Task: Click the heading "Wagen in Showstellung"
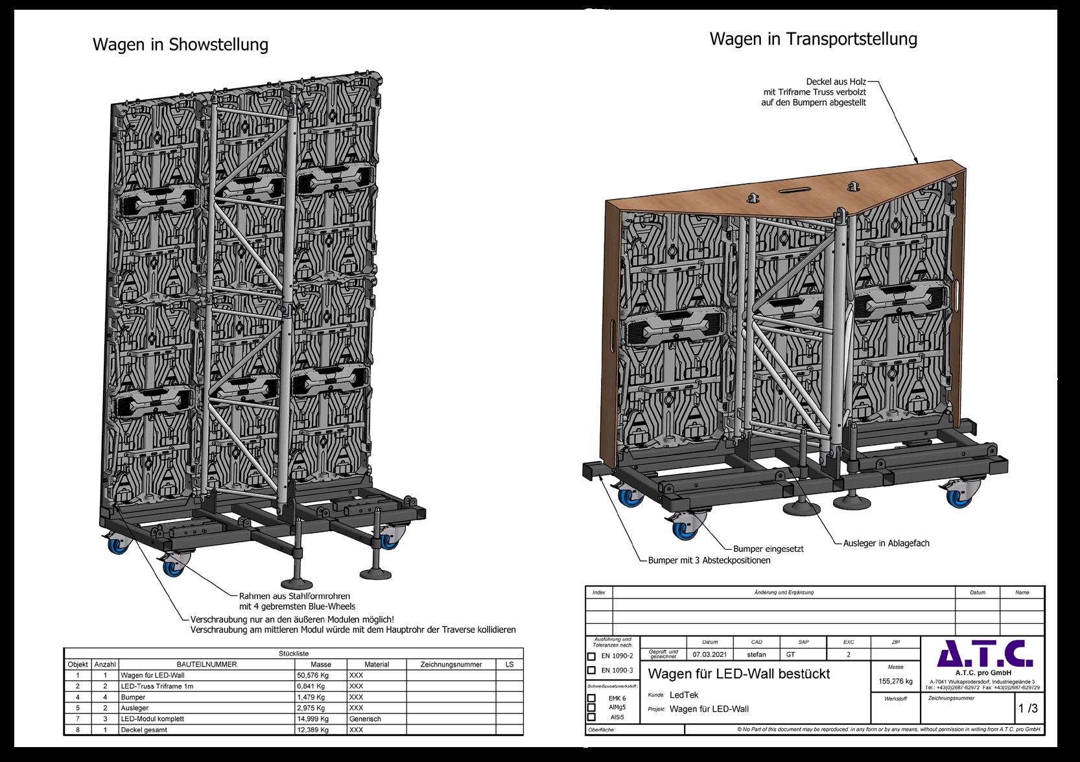180,45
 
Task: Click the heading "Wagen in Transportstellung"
813,39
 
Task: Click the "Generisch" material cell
365,719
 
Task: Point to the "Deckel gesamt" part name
144,730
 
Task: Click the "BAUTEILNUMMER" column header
207,664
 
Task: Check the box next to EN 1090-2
591,656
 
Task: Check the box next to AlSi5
591,717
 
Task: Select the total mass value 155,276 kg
895,681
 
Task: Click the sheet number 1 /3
1028,709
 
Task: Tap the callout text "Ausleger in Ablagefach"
886,543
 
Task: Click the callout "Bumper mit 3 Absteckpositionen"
709,560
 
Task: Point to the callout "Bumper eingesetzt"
768,549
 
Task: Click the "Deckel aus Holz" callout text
836,82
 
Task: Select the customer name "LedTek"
684,695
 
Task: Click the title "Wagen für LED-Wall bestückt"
739,674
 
